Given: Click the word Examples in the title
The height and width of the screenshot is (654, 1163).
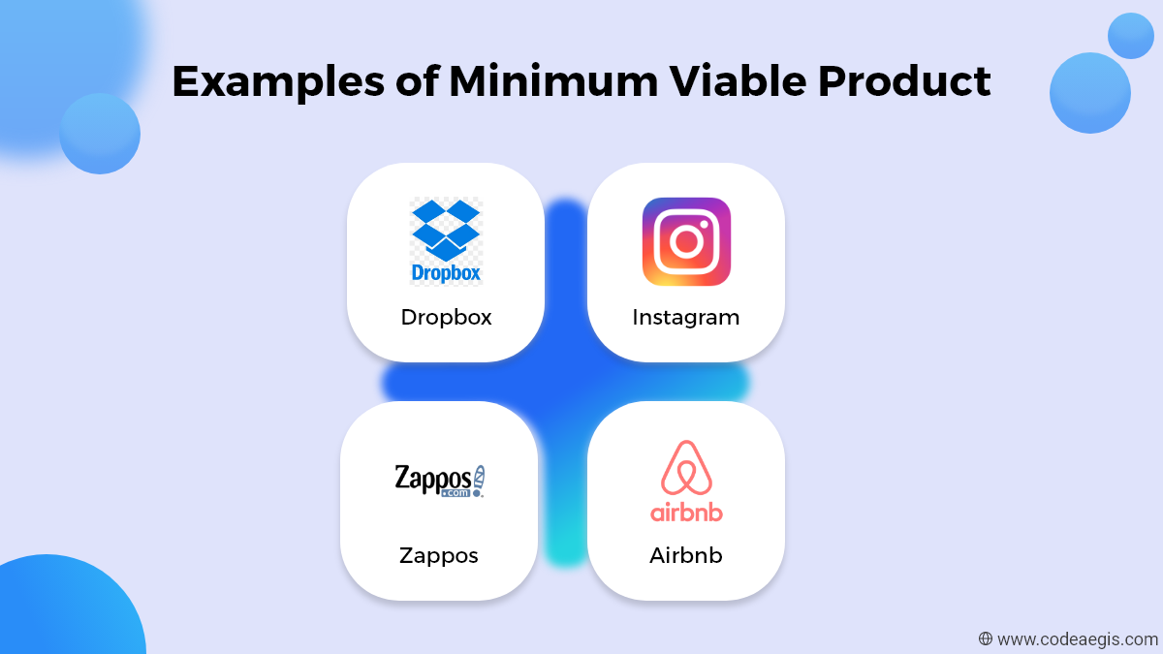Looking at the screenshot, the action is tap(278, 82).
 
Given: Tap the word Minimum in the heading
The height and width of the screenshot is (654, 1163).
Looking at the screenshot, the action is tap(553, 81).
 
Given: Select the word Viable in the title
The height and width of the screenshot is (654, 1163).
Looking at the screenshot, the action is tap(738, 80).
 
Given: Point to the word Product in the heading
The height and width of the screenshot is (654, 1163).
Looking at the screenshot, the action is tap(904, 81).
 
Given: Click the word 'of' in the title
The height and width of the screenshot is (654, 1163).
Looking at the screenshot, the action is tap(418, 80).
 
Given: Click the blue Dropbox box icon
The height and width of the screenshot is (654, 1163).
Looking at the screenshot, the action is tap(446, 231).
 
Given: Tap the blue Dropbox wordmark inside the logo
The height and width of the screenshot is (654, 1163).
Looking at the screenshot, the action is tap(446, 273).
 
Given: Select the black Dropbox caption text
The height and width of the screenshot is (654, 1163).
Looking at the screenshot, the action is tap(446, 317).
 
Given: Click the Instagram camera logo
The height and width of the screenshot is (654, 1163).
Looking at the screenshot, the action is tap(686, 241).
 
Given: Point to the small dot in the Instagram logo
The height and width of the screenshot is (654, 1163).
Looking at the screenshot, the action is tap(704, 224).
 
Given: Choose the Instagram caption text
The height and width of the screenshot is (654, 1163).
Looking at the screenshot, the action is tap(686, 318).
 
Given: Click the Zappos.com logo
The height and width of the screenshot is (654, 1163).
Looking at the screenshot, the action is tap(440, 482).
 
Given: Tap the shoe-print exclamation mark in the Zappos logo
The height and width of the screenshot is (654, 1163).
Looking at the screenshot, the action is tap(479, 482).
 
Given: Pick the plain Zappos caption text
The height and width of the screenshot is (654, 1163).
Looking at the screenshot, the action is tap(439, 556).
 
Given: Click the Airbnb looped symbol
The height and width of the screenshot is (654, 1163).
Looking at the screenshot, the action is tap(686, 467).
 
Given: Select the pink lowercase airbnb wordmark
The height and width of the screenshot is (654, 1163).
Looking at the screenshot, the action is tap(686, 512).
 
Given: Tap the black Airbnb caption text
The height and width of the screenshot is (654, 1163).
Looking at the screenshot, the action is tap(686, 555).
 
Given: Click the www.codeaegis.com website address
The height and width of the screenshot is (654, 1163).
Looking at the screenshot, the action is tap(1078, 639).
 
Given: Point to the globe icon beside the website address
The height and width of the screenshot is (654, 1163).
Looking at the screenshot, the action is tap(986, 638).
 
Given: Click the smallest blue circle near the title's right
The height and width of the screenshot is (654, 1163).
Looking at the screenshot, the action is tap(1131, 36).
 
